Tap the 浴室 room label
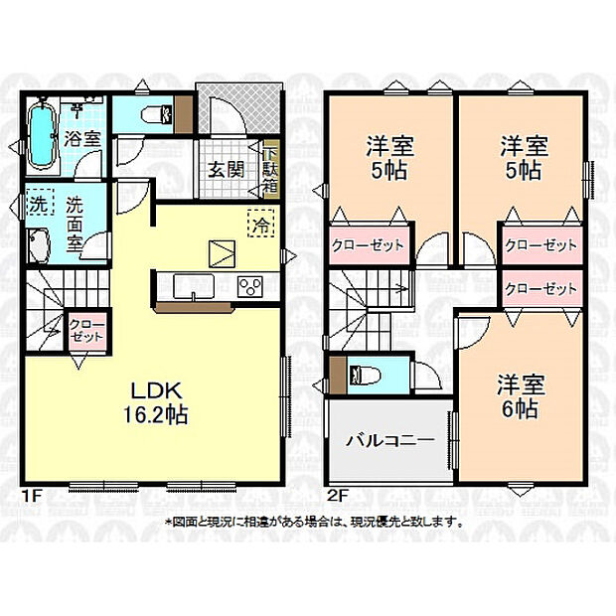(82, 139)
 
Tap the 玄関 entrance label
(227, 169)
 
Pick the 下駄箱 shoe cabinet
(271, 169)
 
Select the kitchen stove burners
(250, 287)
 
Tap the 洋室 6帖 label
(518, 396)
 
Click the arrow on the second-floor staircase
(400, 291)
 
